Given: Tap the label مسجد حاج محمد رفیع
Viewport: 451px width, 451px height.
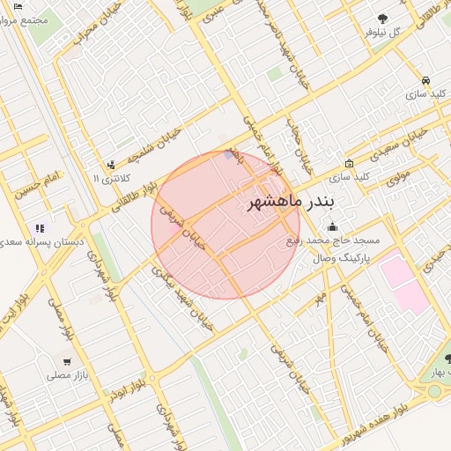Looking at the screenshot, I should (x=332, y=240).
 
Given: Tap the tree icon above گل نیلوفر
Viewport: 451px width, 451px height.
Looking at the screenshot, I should (x=382, y=18).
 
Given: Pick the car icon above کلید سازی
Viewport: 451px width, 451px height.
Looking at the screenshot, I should (x=426, y=79).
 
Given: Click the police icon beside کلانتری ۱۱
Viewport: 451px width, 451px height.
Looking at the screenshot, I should (x=111, y=165).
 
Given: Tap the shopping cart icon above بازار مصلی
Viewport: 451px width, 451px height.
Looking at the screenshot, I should (x=67, y=361).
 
